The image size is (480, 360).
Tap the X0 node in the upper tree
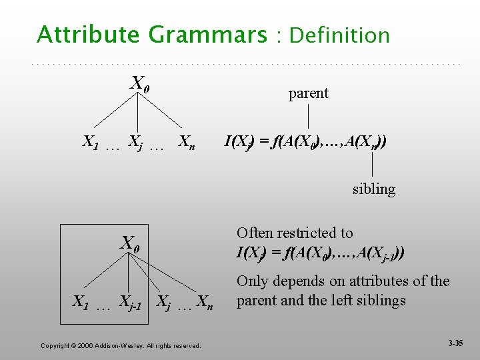point(139,84)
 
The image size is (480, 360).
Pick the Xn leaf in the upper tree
point(187,143)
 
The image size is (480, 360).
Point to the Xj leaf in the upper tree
point(135,143)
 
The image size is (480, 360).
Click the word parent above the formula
point(308,93)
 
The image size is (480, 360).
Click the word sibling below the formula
point(373,189)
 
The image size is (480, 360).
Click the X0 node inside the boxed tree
point(129,243)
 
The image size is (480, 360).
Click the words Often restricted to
point(295,233)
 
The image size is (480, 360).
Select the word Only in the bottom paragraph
point(251,281)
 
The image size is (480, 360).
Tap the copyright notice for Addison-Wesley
point(121,345)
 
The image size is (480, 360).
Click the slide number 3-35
point(455,343)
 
